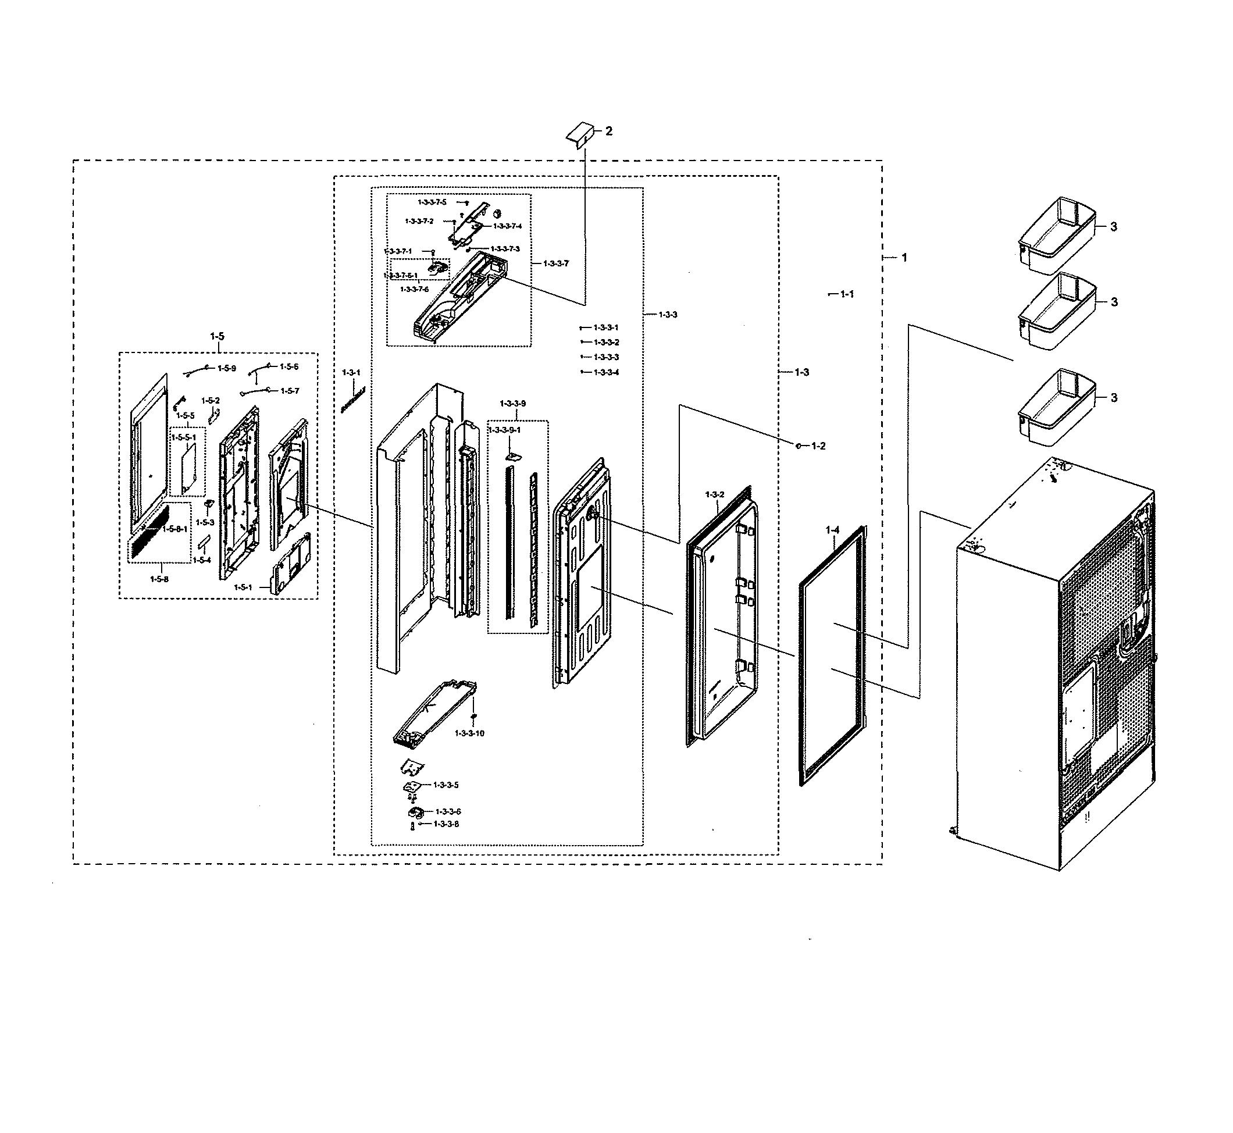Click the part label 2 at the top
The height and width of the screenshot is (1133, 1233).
(x=608, y=131)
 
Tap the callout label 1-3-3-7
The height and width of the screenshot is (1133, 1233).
(x=556, y=263)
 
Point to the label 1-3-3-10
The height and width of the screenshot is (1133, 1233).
(x=470, y=733)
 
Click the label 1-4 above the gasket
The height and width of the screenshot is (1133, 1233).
(x=832, y=530)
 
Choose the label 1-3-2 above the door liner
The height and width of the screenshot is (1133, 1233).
(x=714, y=494)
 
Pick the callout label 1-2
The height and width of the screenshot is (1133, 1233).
(x=818, y=446)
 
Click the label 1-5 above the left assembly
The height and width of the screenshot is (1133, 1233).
(x=217, y=336)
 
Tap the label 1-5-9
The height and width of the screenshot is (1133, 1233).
(x=226, y=369)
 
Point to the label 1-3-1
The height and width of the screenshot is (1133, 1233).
(x=351, y=373)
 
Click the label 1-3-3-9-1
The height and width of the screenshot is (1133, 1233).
(x=505, y=430)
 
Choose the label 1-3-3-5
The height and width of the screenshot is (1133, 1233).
(x=446, y=785)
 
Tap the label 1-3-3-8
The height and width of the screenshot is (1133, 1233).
(x=446, y=824)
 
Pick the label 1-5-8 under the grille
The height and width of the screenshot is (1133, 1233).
(x=159, y=579)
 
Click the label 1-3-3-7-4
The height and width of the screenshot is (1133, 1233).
(x=507, y=226)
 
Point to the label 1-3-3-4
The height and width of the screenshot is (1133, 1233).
(x=607, y=372)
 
